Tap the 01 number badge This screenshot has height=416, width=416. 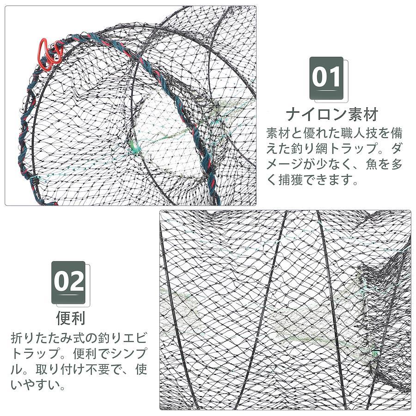pyautogui.click(x=326, y=78)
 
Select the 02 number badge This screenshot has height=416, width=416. pyautogui.click(x=68, y=282)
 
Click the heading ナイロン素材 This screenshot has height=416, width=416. pyautogui.click(x=332, y=115)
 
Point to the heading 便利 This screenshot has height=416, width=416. pyautogui.click(x=71, y=318)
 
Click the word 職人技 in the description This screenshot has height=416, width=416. pyautogui.click(x=354, y=133)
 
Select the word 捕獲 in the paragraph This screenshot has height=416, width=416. pyautogui.click(x=291, y=180)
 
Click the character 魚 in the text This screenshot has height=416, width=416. pyautogui.click(x=372, y=164)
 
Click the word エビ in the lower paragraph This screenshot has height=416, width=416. pyautogui.click(x=135, y=338)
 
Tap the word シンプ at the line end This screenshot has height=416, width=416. pyautogui.click(x=128, y=353)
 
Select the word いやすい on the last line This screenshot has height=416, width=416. pyautogui.click(x=35, y=385)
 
